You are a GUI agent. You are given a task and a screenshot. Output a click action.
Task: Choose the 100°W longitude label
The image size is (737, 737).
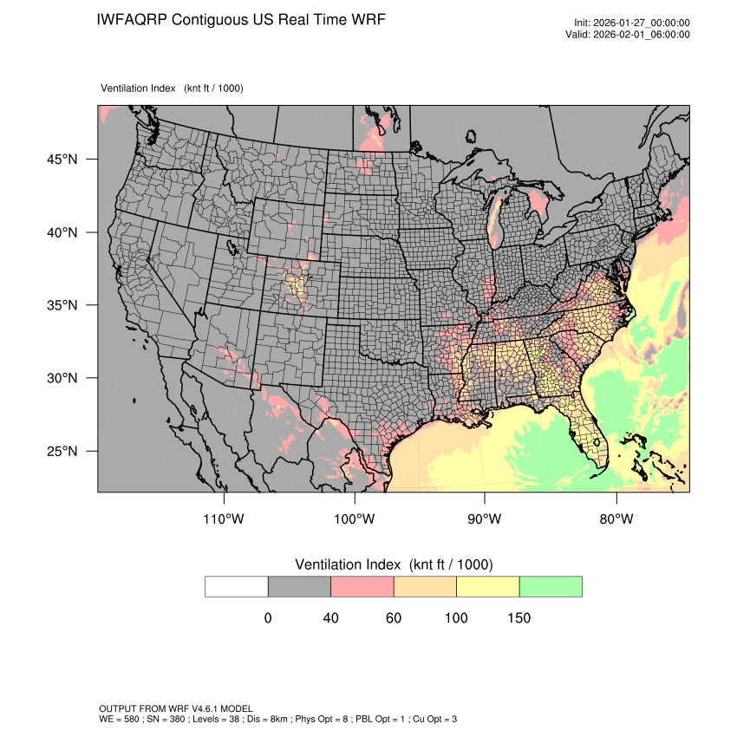[x=355, y=519]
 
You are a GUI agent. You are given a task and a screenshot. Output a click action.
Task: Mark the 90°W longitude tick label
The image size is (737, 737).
[x=485, y=519]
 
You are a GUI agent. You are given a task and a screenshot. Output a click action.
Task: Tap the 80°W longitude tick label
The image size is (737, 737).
[x=616, y=519]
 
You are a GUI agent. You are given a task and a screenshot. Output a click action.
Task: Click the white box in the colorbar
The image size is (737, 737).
[x=237, y=586]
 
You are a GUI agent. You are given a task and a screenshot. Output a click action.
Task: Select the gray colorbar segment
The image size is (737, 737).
[x=299, y=586]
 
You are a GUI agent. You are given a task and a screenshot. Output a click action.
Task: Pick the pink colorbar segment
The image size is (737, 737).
[x=362, y=586]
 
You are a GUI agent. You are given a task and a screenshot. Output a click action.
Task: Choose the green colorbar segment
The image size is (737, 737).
[x=551, y=586]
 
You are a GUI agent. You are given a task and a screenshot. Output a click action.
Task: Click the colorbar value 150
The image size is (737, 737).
[x=519, y=618]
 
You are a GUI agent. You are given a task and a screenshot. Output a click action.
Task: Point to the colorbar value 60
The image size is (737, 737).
[x=394, y=618]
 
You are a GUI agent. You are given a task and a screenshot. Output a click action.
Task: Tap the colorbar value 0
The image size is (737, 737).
[x=268, y=618]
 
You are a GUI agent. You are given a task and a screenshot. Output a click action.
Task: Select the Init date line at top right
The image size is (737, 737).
[x=632, y=23]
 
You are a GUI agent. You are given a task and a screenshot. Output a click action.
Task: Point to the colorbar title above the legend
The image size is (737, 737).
[x=394, y=564]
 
